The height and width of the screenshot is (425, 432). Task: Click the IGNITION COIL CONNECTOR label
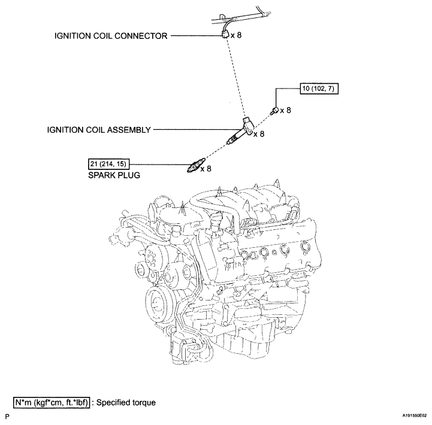pos(111,36)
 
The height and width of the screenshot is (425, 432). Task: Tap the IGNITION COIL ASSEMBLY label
pos(99,130)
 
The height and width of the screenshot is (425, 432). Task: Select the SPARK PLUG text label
pos(114,175)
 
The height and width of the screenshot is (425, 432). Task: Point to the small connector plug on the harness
pos(225,35)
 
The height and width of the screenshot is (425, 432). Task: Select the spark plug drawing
pos(195,165)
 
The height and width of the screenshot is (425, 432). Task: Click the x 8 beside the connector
pos(236,35)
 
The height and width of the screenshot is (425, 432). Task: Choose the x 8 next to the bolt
pos(286,110)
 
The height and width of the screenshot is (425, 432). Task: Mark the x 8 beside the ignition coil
pos(259,134)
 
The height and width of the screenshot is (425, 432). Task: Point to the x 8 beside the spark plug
pos(206,168)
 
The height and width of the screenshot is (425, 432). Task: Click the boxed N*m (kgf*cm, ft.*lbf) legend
pos(52,402)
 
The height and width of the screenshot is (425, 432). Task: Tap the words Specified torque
pos(126,403)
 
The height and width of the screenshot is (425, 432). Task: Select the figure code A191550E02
pos(415,416)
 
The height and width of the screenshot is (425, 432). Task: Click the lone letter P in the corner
pos(7,417)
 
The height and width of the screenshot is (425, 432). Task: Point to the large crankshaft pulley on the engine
pos(156,305)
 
